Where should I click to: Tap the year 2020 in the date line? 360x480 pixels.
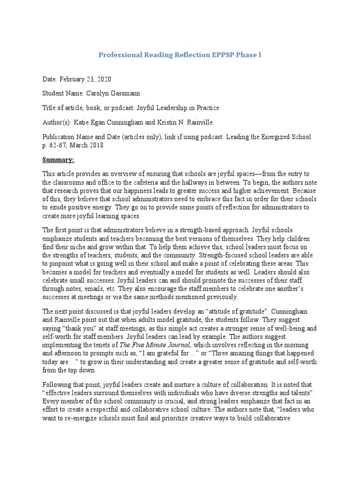point(103,79)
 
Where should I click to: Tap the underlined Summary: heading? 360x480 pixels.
point(58,159)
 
